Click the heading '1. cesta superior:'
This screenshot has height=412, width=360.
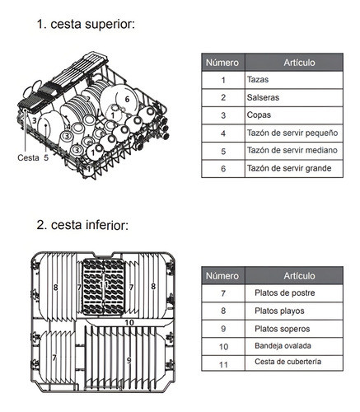86,24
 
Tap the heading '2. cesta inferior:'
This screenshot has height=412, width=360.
82,225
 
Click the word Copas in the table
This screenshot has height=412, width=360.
259,115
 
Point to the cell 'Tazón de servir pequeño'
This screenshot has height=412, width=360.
292,133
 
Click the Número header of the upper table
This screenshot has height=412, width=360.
222,63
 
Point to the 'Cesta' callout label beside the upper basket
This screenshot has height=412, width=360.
28,157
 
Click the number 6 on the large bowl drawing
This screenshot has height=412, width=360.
127,99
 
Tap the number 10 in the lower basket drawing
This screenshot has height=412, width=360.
129,322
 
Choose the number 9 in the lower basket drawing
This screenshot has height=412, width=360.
129,360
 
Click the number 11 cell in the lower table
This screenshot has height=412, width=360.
223,365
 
